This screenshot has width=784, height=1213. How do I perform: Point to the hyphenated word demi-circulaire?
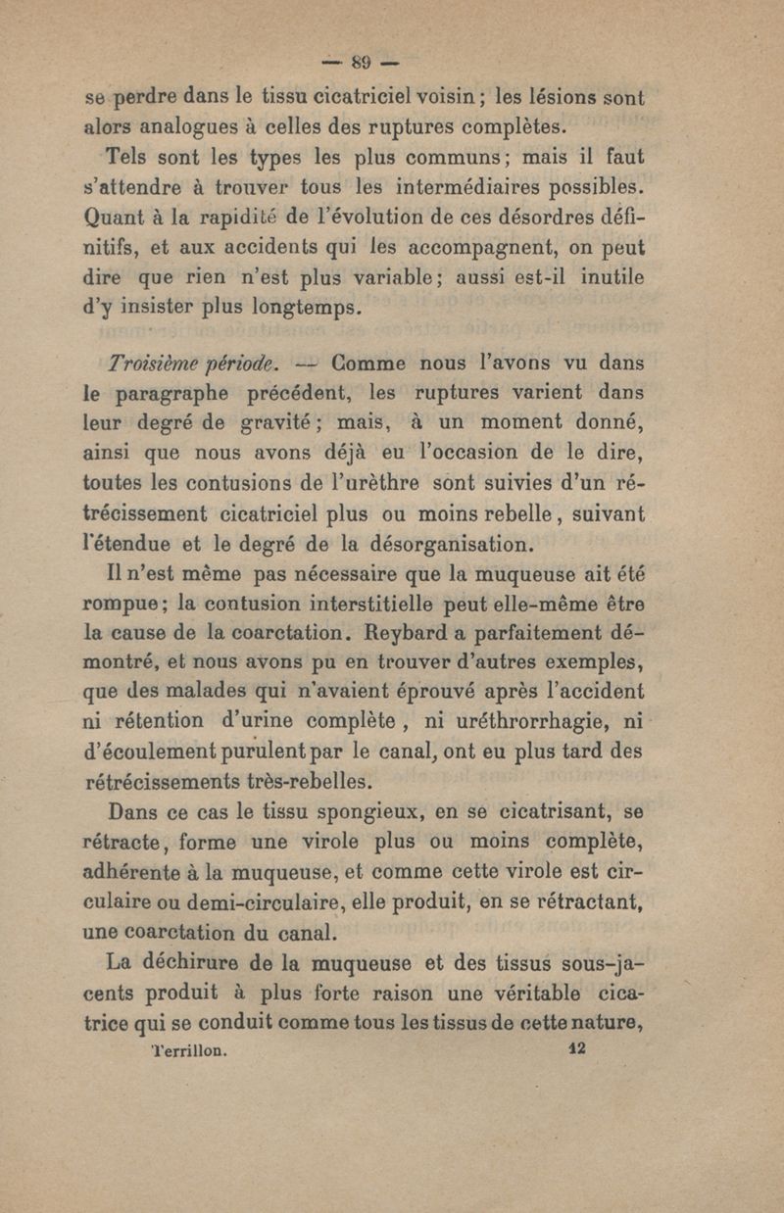263,899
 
